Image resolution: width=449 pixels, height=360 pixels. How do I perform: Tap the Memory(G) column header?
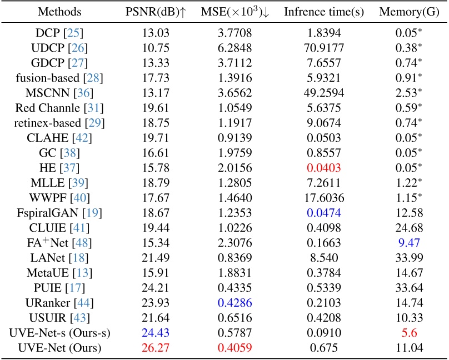coord(410,12)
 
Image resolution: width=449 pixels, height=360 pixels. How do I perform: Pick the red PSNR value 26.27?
coord(155,348)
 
